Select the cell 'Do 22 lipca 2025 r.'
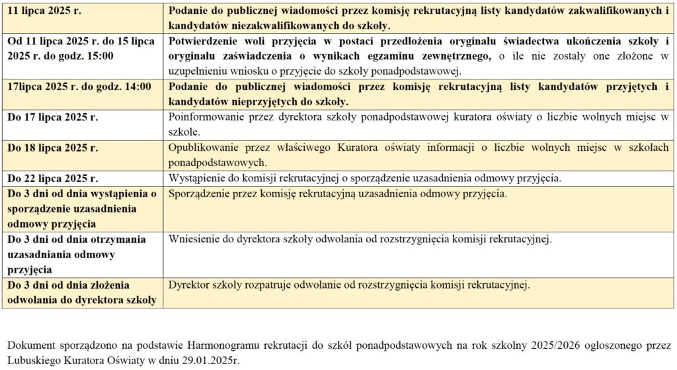(52, 179)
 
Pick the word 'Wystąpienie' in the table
(197, 179)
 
